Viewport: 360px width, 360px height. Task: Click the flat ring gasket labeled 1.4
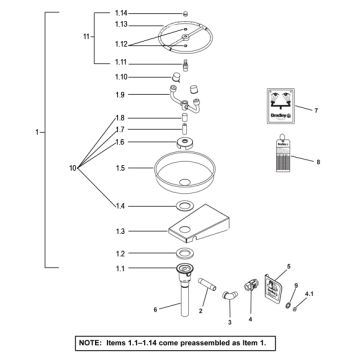point(187,205)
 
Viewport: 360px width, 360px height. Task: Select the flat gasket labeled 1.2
point(187,254)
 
